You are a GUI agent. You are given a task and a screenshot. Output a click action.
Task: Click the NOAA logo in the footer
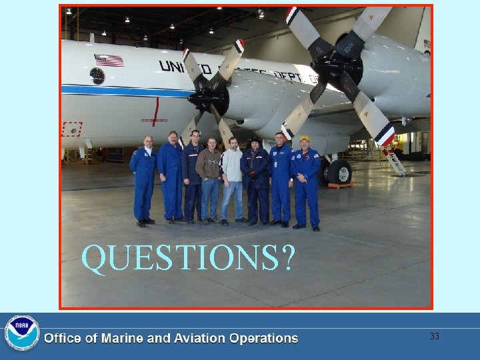pos(22,333)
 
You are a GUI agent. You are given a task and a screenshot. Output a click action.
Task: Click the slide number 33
pos(435,337)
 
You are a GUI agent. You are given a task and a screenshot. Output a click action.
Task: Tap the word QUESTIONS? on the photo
pos(187,259)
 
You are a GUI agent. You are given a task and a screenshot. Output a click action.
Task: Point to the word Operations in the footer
pos(263,339)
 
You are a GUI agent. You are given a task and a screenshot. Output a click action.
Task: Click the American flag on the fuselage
pos(109,60)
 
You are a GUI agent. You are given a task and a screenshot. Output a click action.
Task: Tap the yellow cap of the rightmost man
pos(305,139)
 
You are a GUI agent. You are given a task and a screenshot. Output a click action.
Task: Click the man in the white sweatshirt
pos(232,177)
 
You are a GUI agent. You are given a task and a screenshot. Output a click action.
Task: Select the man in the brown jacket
pos(209,177)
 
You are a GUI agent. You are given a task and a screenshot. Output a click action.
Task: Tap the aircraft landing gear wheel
pos(340,171)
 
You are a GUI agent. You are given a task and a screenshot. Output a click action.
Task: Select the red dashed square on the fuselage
pos(71,129)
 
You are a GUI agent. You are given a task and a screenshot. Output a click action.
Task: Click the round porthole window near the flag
pos(97,75)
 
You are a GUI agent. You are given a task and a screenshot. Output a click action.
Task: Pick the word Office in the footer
pos(62,339)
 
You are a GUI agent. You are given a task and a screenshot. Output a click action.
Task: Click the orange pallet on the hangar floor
pos(339,185)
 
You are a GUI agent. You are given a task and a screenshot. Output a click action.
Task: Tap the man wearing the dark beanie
pos(255,180)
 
